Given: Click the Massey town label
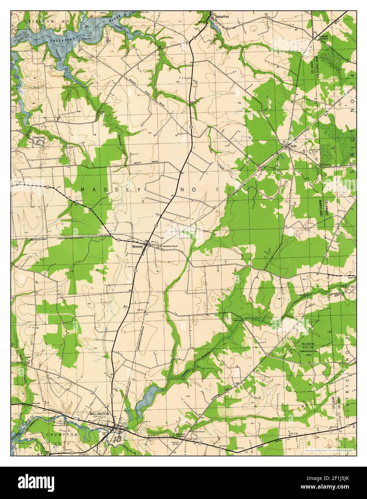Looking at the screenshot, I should [x=137, y=247].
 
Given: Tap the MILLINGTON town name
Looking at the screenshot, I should [x=99, y=414].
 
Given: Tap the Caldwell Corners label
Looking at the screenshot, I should [x=322, y=37].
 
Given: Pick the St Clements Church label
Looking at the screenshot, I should [x=169, y=246].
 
